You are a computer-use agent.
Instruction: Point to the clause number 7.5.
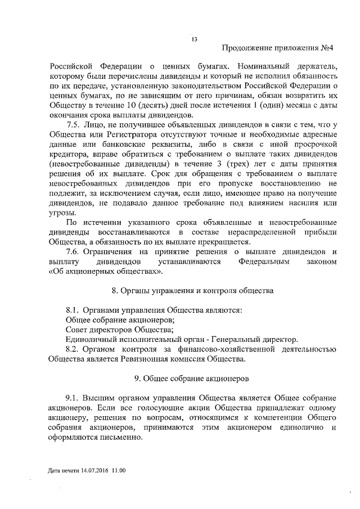click(x=74, y=124)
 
